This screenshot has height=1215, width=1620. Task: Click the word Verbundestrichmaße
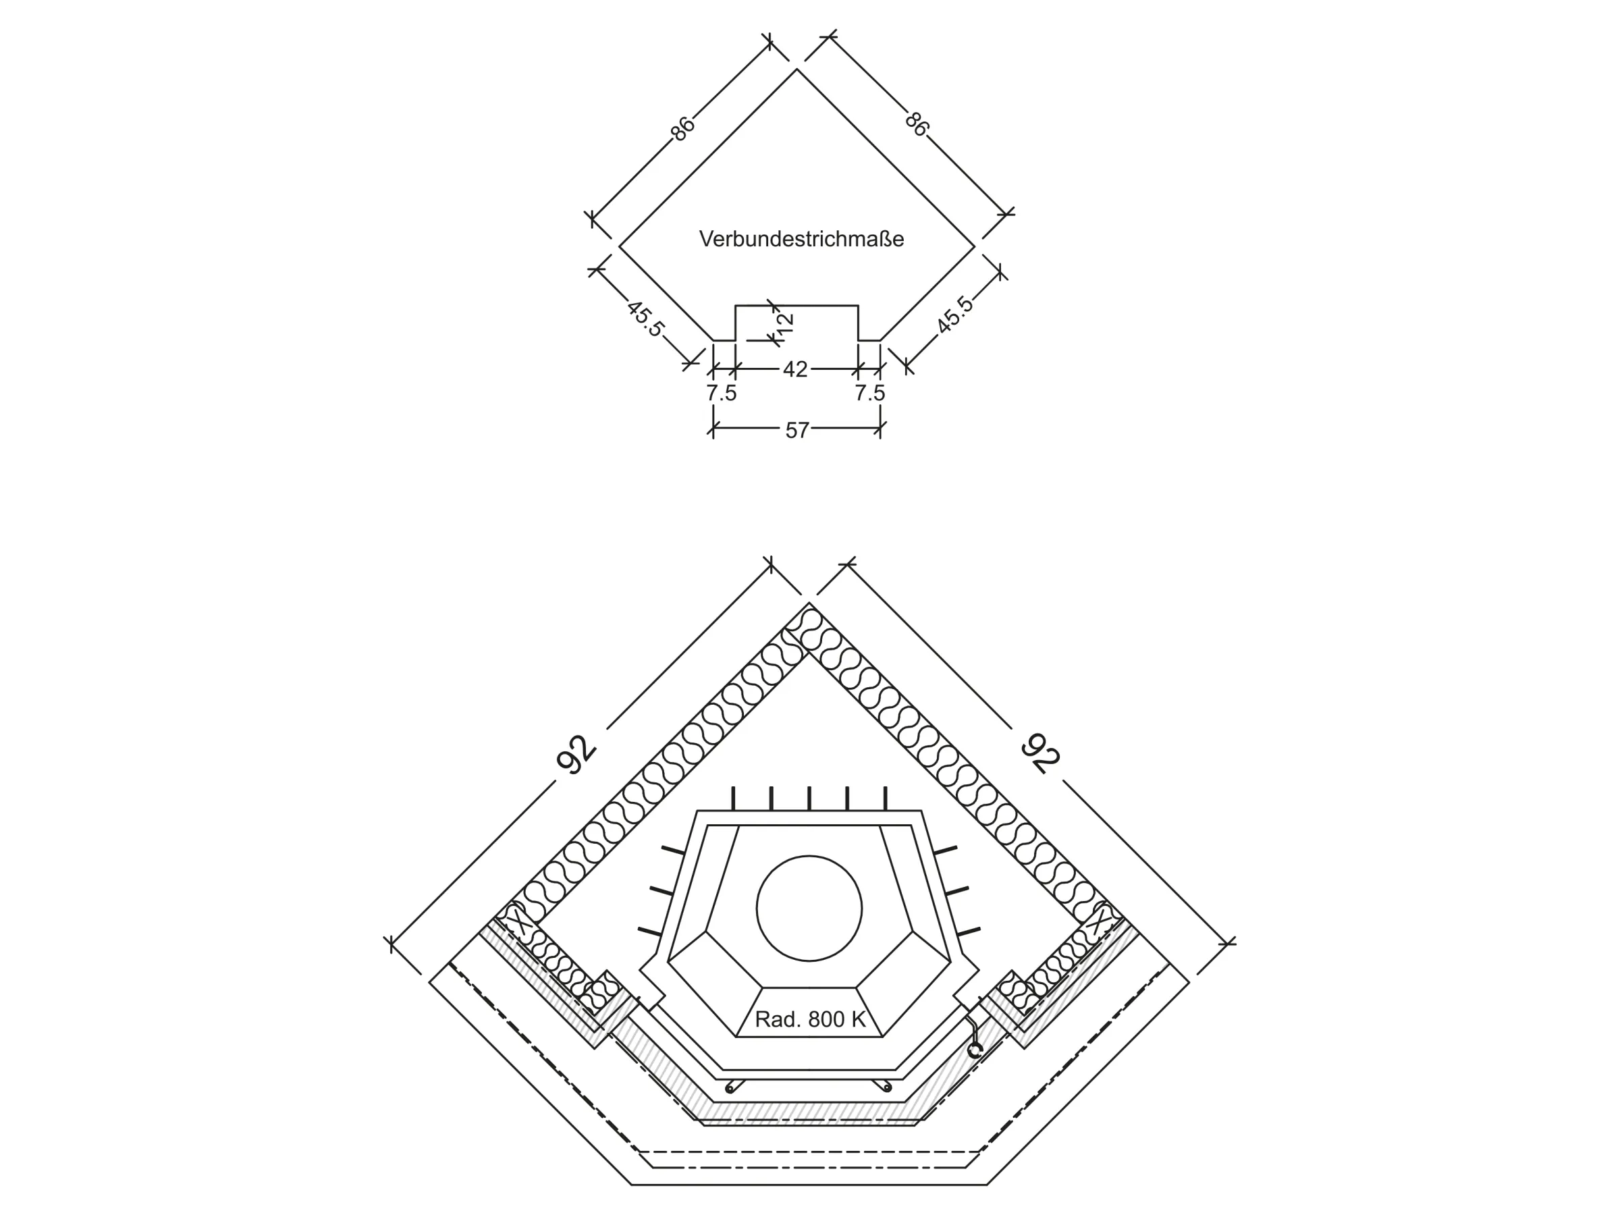801,239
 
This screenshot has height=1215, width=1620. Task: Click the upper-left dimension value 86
682,128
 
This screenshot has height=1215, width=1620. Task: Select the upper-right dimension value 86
916,123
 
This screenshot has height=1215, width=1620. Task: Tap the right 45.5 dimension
956,315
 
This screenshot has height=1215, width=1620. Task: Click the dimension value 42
795,369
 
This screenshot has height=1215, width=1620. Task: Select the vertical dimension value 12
784,322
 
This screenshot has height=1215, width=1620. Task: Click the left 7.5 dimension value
722,394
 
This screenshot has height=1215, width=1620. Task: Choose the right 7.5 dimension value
870,394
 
